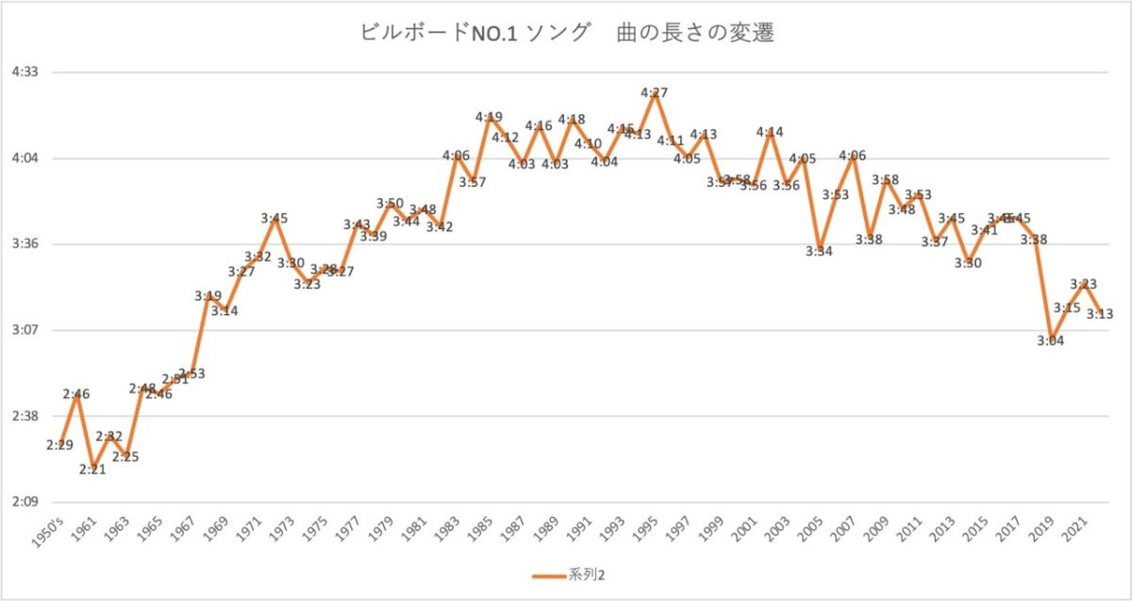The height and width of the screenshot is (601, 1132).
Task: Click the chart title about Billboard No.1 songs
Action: point(567,32)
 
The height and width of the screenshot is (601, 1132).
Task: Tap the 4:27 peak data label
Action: point(655,92)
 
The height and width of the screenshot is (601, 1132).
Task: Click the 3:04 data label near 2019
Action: point(1050,341)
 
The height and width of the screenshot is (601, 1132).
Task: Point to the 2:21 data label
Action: point(92,470)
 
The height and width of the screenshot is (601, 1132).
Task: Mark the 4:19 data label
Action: point(489,117)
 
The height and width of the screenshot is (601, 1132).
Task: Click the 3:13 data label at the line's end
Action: point(1100,314)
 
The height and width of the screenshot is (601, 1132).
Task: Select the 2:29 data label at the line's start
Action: point(59,444)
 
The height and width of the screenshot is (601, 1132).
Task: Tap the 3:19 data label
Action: point(208,296)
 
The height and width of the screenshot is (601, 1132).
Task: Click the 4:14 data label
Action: point(770,132)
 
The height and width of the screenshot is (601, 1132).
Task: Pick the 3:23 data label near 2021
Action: point(1083,284)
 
